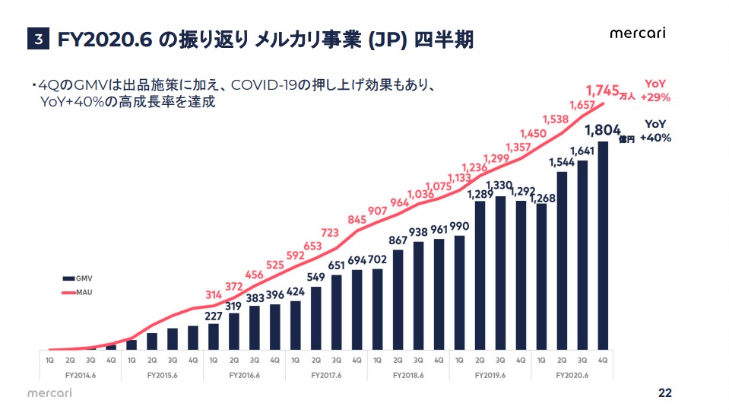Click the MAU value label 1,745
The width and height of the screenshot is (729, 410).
pos(602,90)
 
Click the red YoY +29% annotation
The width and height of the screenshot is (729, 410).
pos(655,90)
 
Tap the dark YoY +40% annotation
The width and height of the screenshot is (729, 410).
pos(655,131)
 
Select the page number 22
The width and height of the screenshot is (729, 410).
pos(664,393)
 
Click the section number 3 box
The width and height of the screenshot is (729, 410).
pos(38,40)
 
